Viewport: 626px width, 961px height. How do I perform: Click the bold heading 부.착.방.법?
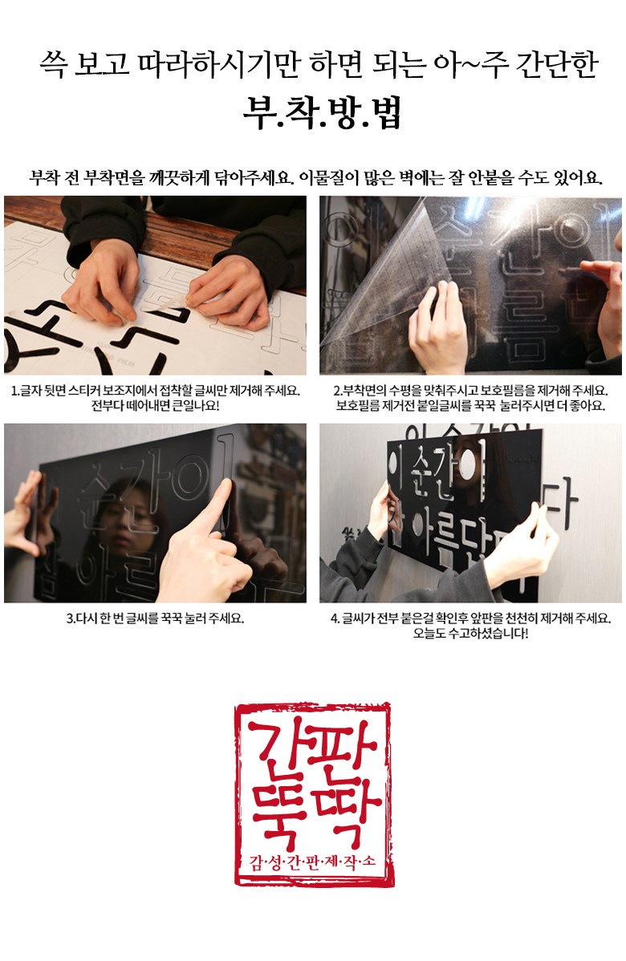click(321, 115)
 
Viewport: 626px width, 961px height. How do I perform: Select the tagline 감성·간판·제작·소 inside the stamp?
click(313, 863)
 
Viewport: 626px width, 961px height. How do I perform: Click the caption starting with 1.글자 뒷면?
click(155, 391)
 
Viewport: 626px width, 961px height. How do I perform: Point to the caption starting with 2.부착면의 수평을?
click(470, 391)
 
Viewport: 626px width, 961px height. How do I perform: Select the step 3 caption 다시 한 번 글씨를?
click(155, 618)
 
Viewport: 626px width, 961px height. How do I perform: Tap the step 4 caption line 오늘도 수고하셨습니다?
click(470, 634)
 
